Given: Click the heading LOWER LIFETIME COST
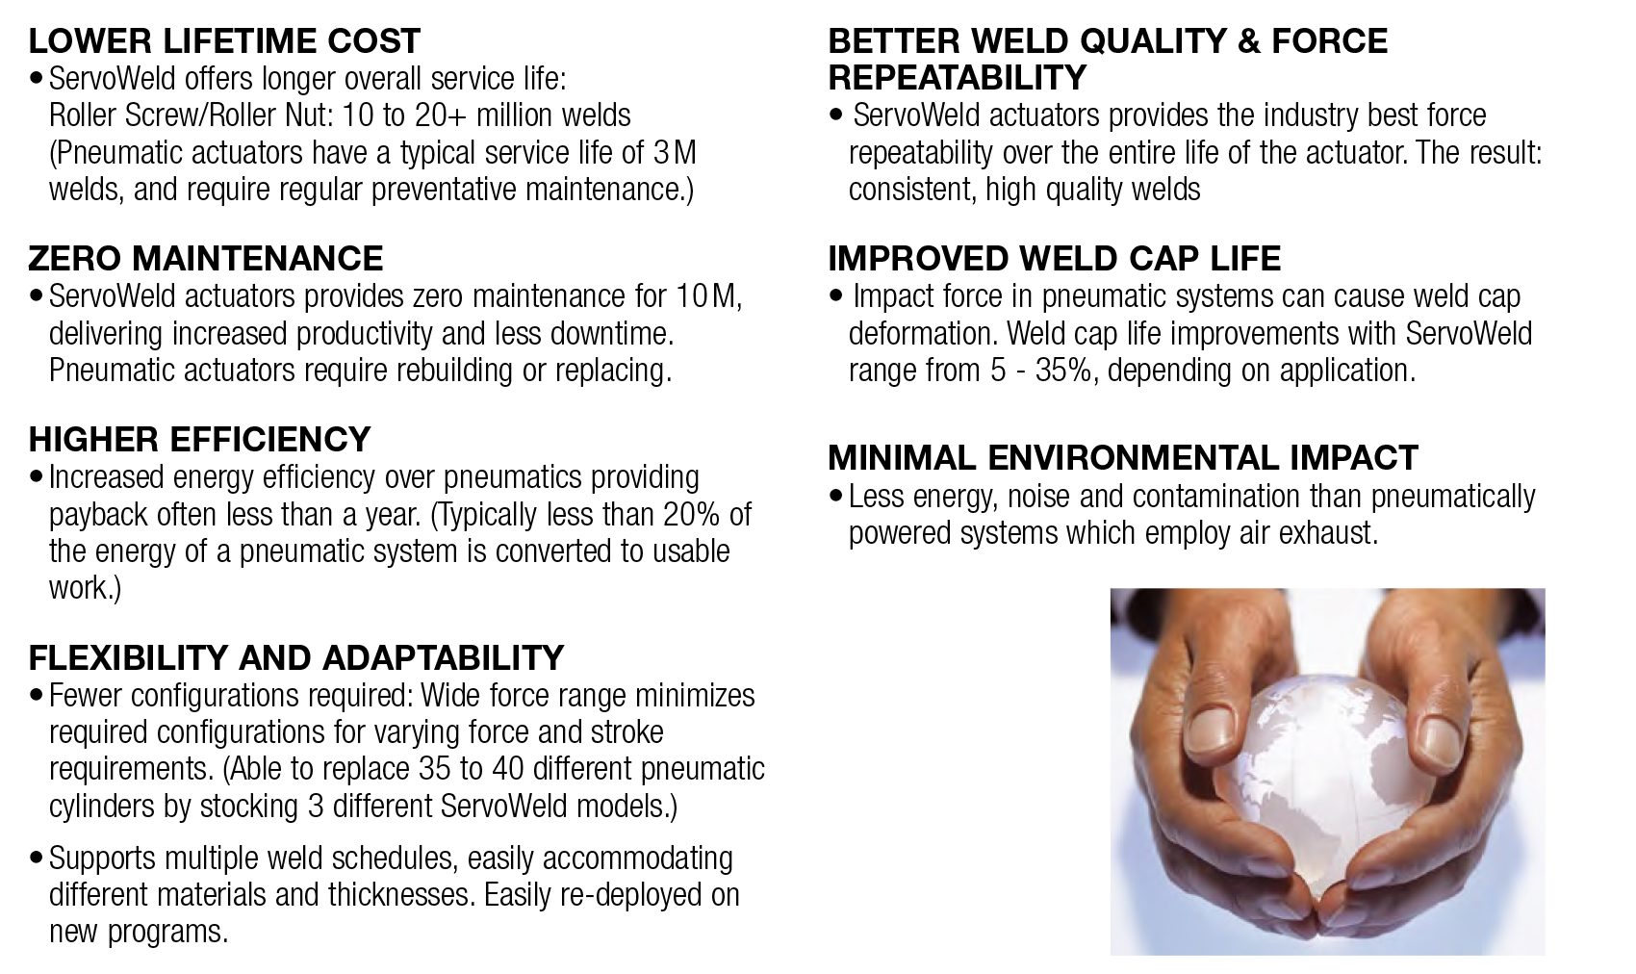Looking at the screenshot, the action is coord(224,41).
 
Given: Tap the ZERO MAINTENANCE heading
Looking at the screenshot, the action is coord(205,259).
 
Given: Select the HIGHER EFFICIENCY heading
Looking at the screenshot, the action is coord(199,440).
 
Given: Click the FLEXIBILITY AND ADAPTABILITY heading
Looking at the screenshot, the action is coord(295,657).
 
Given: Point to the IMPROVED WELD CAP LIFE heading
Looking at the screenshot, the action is coord(1054,259).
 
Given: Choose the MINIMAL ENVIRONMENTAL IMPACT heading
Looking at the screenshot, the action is coord(1122,458).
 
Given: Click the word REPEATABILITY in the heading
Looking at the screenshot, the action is coord(957,77).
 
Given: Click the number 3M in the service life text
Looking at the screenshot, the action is coord(675,153).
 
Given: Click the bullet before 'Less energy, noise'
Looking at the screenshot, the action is coord(836,497).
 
